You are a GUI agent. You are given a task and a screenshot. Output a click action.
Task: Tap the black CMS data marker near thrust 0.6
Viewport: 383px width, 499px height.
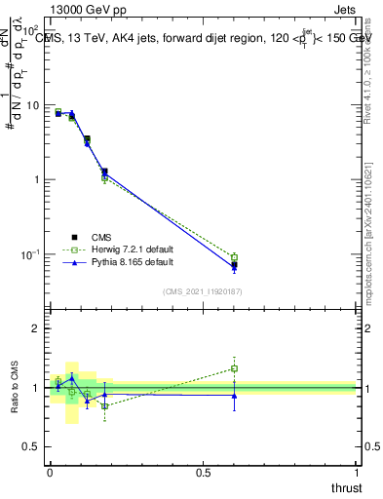coord(234,264)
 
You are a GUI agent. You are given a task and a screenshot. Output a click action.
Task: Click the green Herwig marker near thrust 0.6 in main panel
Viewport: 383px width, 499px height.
coord(234,257)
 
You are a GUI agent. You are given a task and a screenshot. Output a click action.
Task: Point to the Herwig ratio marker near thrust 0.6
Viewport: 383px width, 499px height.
coord(234,368)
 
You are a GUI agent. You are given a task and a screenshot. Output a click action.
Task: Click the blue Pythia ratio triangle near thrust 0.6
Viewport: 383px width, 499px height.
coord(234,395)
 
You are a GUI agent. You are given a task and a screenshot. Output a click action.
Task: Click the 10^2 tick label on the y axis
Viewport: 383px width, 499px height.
coord(31,29)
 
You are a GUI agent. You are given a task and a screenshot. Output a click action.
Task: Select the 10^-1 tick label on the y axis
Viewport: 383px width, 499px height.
coord(30,254)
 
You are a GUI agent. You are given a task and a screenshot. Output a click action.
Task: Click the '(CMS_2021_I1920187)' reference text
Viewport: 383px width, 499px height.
coord(203,291)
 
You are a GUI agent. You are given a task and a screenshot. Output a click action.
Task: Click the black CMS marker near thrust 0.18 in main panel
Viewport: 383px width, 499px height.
coord(104,172)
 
